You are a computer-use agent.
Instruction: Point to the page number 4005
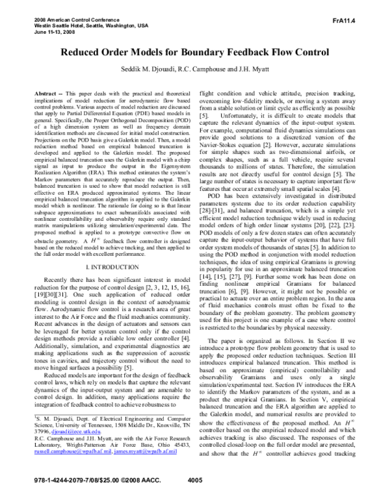(x=194, y=498)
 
